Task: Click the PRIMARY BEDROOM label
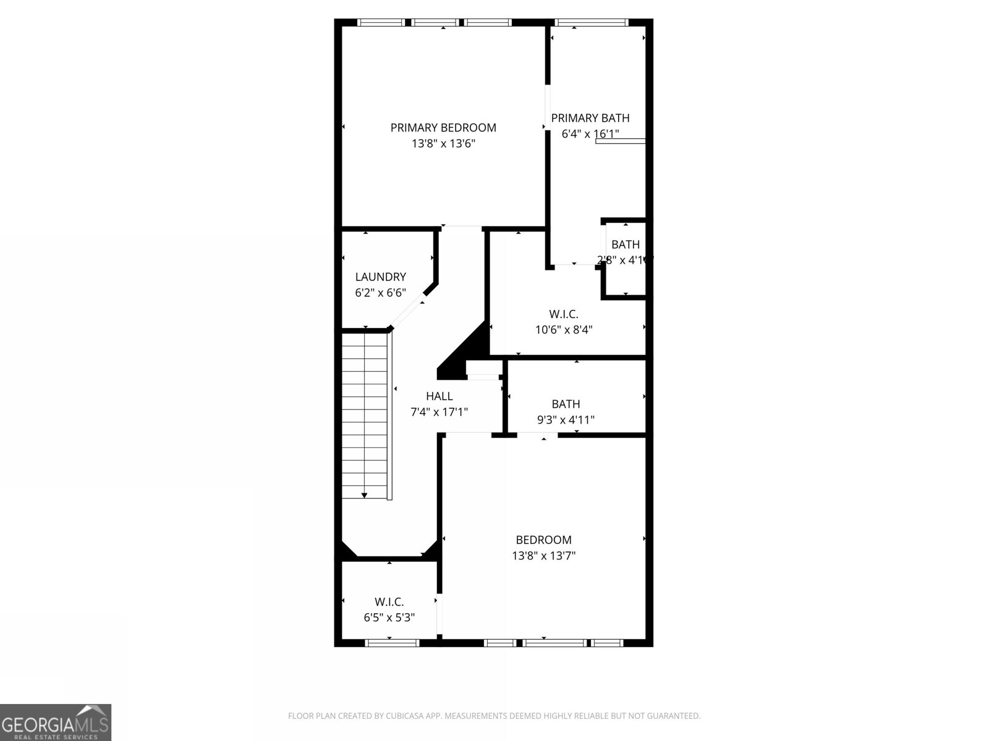pos(443,128)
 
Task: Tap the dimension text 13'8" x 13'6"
pos(443,144)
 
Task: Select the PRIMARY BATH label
pos(590,118)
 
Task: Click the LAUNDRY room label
pos(380,277)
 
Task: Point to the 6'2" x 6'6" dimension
pos(380,293)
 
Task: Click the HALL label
pos(439,396)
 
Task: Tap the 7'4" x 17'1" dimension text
pos(439,412)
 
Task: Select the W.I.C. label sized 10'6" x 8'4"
pos(563,314)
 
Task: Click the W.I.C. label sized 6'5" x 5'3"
pos(389,602)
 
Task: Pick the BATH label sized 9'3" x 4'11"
pos(566,404)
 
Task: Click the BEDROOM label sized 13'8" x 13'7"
pos(543,540)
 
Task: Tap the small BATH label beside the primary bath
pos(625,245)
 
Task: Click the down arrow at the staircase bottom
pos(365,495)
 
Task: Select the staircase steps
pos(365,414)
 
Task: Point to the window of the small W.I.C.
pos(392,643)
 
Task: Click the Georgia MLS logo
pos(55,722)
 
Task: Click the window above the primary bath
pos(592,23)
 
